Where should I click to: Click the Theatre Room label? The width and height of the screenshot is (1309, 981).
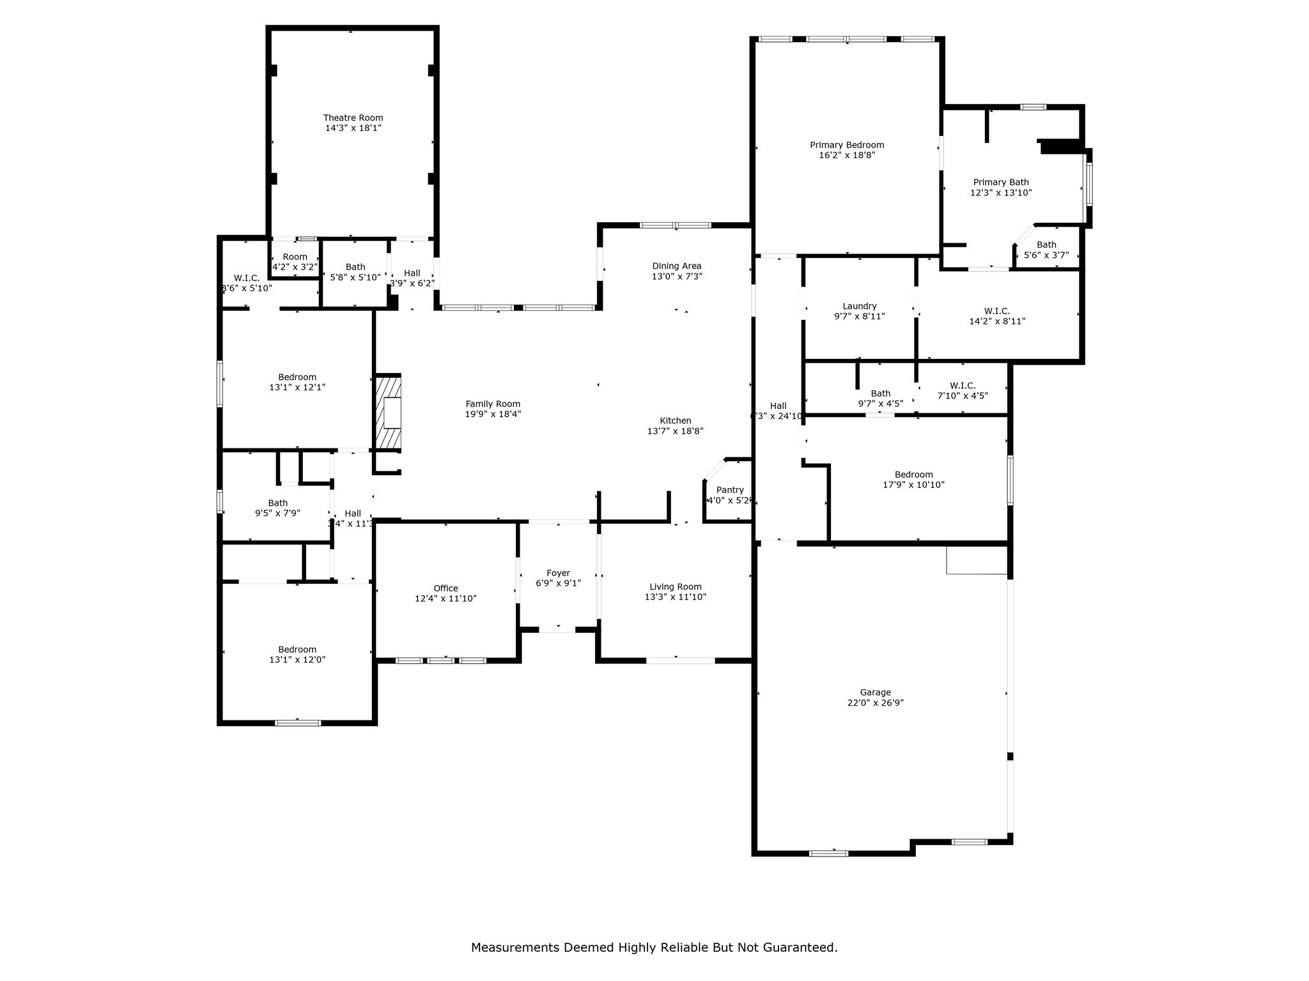pos(353,118)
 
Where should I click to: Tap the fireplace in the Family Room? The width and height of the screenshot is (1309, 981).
pos(389,413)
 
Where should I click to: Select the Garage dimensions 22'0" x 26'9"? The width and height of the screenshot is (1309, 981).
pos(875,703)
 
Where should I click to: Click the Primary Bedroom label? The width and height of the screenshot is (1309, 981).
pos(847,145)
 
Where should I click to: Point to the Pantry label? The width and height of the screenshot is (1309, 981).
pos(730,490)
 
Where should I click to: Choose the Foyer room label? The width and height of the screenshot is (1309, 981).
pos(558,573)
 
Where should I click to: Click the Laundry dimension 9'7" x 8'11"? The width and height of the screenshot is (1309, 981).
pos(860,316)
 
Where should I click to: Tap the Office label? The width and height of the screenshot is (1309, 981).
pos(445,588)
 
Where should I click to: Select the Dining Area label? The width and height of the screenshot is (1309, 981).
pos(676,266)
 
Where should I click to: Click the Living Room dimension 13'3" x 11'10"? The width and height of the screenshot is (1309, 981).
pos(676,597)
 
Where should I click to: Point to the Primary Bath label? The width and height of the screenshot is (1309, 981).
pos(1001,182)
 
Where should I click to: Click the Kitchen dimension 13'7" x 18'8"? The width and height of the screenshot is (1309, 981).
pos(676,431)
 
